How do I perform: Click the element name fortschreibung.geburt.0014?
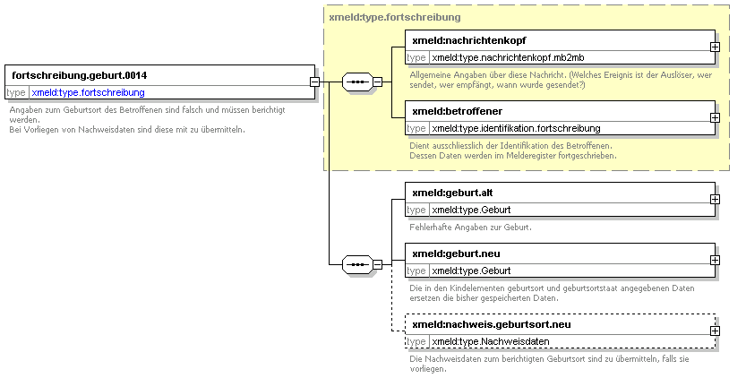pyautogui.click(x=80, y=75)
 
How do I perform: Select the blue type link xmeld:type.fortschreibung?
pyautogui.click(x=88, y=92)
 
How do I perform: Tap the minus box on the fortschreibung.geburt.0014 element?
pyautogui.click(x=314, y=82)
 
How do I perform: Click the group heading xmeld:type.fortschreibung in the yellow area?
pyautogui.click(x=395, y=18)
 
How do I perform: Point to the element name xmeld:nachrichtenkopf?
pyautogui.click(x=469, y=40)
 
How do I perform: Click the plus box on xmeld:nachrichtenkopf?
pyautogui.click(x=715, y=47)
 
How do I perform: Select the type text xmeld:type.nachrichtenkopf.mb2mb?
pyautogui.click(x=508, y=57)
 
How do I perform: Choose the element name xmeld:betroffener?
pyautogui.click(x=458, y=111)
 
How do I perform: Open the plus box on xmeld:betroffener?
pyautogui.click(x=715, y=117)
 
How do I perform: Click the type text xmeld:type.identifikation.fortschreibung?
pyautogui.click(x=516, y=128)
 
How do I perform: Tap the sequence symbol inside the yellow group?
pyautogui.click(x=357, y=82)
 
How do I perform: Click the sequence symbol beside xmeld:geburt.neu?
pyautogui.click(x=357, y=264)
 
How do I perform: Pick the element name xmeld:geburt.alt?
pyautogui.click(x=452, y=193)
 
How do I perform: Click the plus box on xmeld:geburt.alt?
pyautogui.click(x=715, y=200)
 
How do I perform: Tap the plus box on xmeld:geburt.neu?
pyautogui.click(x=715, y=261)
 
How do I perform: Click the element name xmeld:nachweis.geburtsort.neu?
pyautogui.click(x=492, y=324)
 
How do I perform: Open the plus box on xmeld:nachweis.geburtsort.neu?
pyautogui.click(x=715, y=331)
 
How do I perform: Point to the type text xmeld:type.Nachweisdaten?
pyautogui.click(x=491, y=341)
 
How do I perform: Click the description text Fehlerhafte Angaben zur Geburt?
pyautogui.click(x=470, y=228)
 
